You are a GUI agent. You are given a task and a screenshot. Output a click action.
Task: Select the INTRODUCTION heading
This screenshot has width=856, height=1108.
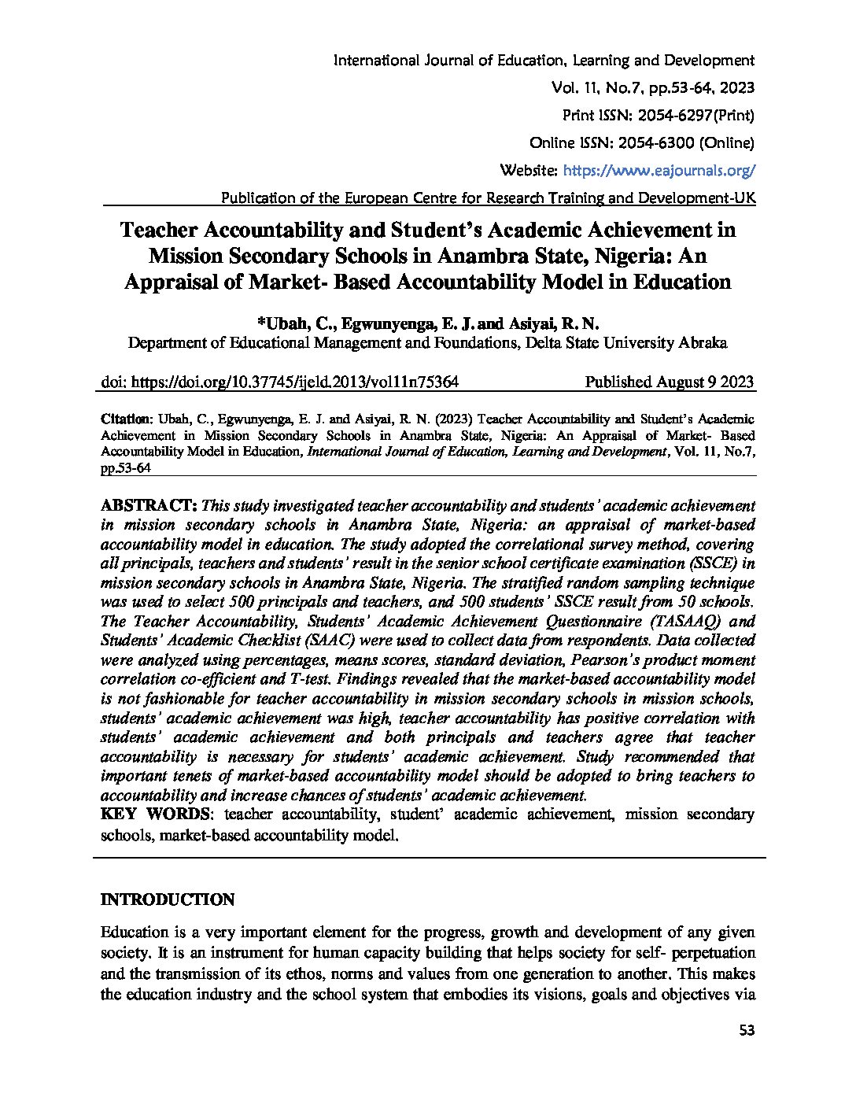point(167,899)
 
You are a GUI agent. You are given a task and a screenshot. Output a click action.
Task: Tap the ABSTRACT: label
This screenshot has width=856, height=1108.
point(149,504)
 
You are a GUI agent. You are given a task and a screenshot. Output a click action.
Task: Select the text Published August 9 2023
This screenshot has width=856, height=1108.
point(670,382)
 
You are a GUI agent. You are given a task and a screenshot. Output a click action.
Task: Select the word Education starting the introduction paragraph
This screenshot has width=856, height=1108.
point(135,933)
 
